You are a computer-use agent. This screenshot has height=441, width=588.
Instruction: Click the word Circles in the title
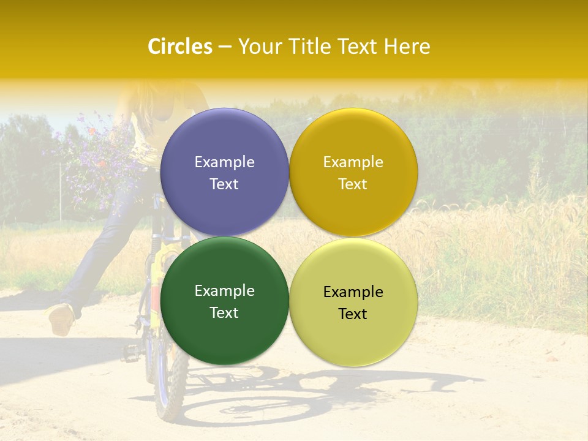point(180,47)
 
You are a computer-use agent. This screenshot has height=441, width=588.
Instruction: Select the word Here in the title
point(407,47)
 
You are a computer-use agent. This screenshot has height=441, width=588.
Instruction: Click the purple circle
point(224,141)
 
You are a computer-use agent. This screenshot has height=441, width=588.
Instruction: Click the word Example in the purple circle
point(224,162)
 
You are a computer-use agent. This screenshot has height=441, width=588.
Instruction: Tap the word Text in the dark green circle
point(224,312)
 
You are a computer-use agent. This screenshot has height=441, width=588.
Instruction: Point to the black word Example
point(353,292)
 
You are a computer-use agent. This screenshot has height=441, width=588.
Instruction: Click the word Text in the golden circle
point(353,184)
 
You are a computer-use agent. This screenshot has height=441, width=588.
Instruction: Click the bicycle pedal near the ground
point(130,352)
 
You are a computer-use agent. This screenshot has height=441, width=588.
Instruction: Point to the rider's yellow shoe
point(61,318)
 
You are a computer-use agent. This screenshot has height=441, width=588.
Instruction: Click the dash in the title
point(225,47)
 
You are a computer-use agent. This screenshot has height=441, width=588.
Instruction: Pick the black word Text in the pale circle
point(353,314)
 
